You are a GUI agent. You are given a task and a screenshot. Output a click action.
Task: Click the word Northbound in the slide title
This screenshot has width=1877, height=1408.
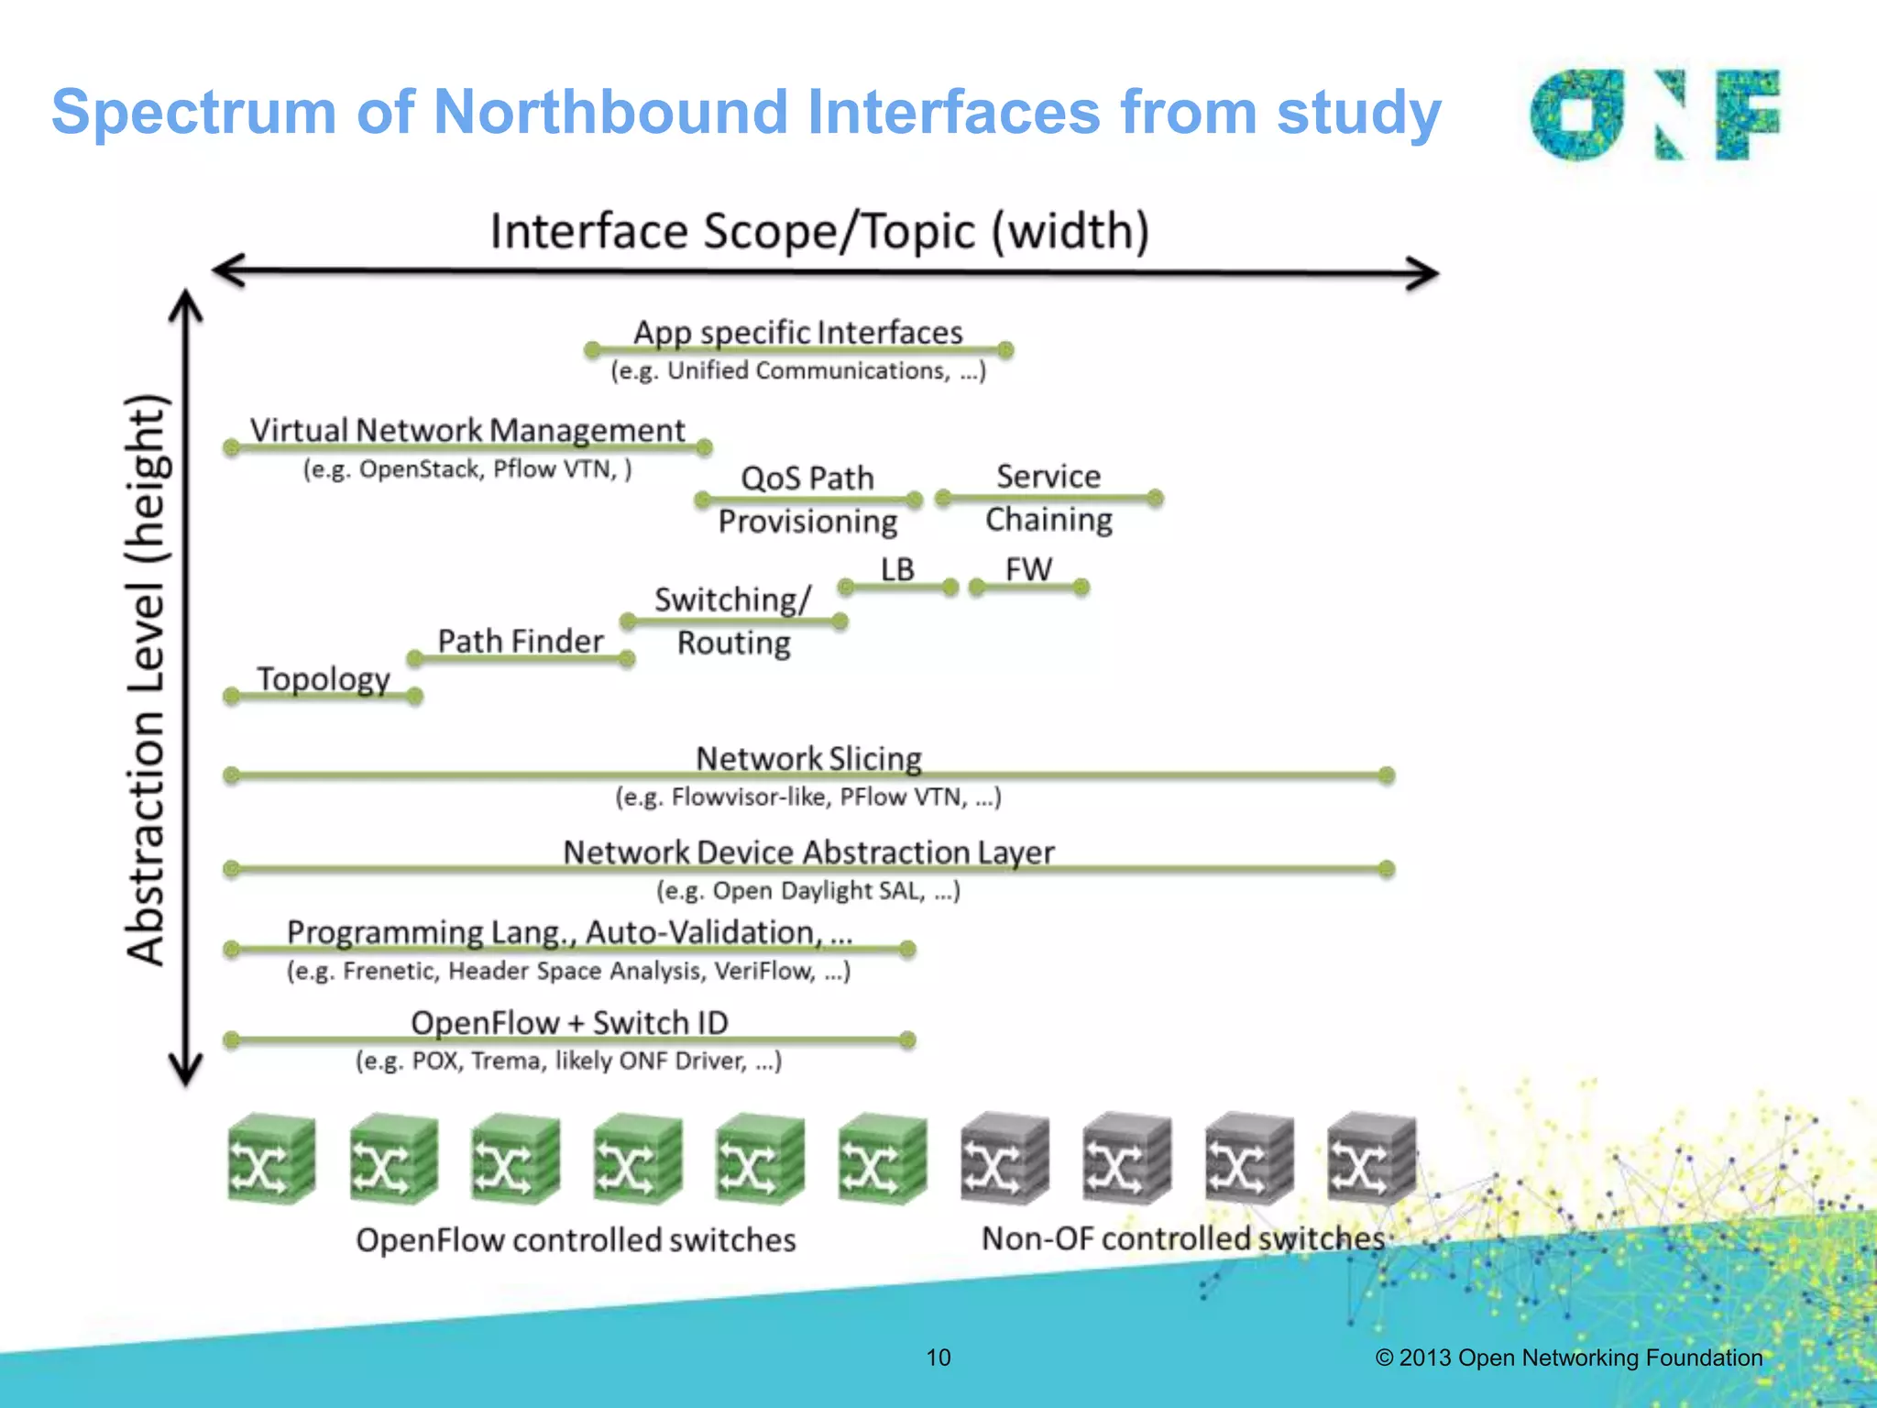(609, 112)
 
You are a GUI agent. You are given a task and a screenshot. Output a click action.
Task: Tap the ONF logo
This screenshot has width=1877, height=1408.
(1654, 115)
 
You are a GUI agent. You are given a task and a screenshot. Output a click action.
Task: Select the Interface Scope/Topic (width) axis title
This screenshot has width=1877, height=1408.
(819, 231)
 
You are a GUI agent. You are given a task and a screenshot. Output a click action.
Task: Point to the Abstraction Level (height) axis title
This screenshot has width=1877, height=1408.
(147, 679)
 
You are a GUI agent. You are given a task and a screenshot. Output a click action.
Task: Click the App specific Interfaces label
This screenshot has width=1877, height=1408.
(797, 332)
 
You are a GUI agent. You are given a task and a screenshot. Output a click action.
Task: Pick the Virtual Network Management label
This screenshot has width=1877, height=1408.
(467, 430)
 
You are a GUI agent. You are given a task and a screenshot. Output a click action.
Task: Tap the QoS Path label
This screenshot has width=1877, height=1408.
(807, 478)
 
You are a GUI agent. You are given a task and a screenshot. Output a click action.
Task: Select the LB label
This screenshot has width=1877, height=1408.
(897, 568)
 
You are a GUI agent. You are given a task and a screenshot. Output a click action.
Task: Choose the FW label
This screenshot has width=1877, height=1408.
(1028, 568)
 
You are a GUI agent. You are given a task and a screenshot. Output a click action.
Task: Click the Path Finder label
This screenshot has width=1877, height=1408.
(520, 641)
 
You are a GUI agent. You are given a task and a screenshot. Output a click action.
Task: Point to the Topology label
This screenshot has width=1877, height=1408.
(323, 678)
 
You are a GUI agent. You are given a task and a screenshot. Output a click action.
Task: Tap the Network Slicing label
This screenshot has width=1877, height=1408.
(808, 758)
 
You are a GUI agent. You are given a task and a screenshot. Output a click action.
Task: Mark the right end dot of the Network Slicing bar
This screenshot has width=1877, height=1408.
(1386, 775)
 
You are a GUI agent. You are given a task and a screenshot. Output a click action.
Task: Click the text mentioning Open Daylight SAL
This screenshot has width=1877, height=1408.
(807, 890)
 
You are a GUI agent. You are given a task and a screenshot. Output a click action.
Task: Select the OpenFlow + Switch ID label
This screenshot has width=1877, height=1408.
(569, 1022)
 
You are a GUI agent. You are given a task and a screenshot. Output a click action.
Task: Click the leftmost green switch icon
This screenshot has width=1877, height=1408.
(270, 1159)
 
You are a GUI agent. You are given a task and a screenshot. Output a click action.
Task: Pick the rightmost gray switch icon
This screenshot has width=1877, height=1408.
(1370, 1159)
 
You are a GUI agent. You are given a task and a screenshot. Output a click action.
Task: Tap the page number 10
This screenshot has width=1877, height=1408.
(938, 1358)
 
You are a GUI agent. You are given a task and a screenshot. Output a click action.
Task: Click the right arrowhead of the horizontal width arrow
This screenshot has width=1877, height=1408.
(1425, 273)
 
